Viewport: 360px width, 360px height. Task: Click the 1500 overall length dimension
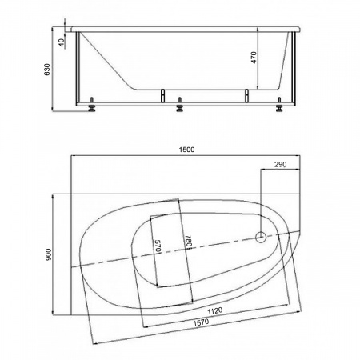pyautogui.click(x=186, y=150)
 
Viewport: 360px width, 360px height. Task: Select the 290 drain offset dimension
pyautogui.click(x=281, y=164)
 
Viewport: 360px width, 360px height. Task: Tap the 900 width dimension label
pyautogui.click(x=49, y=254)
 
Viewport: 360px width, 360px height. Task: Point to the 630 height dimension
pyautogui.click(x=47, y=70)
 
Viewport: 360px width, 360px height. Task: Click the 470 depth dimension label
pyautogui.click(x=254, y=58)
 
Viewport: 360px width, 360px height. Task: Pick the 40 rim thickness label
pyautogui.click(x=62, y=42)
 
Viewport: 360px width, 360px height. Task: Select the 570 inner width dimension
pyautogui.click(x=158, y=246)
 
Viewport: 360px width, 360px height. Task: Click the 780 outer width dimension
pyautogui.click(x=188, y=241)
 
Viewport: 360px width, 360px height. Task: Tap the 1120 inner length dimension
pyautogui.click(x=215, y=311)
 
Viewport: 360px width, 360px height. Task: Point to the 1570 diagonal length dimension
pyautogui.click(x=201, y=323)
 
